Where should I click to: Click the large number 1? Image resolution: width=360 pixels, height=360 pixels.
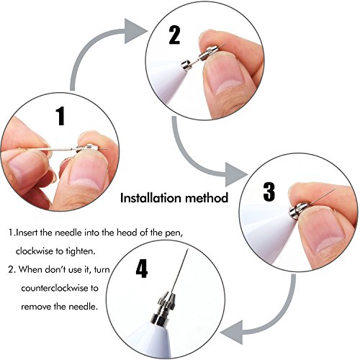click(60, 116)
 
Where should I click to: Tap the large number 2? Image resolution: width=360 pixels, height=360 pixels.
click(174, 35)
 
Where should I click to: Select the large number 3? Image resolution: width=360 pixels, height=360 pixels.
click(269, 192)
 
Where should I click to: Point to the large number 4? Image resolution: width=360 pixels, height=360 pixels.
click(142, 269)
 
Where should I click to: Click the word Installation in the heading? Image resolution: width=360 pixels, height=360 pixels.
click(150, 198)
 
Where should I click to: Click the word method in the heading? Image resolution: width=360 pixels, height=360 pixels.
click(207, 198)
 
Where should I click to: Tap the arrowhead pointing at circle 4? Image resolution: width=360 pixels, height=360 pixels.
click(232, 333)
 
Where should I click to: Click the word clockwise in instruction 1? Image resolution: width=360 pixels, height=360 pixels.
click(34, 251)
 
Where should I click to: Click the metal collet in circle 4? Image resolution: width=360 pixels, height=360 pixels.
click(166, 301)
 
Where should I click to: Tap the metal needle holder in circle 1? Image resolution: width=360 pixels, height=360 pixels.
click(87, 148)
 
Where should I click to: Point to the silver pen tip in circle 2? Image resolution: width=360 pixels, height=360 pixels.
click(186, 65)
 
